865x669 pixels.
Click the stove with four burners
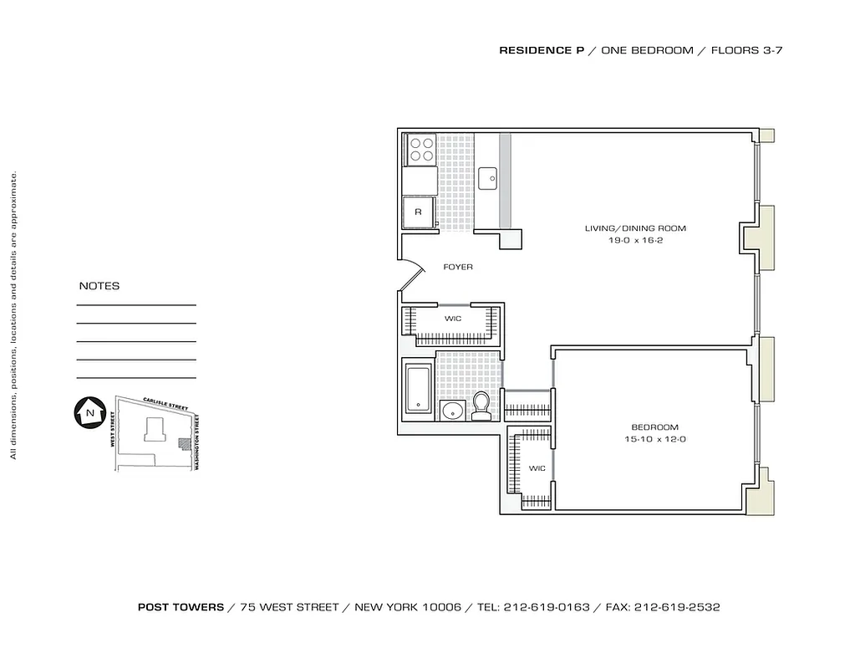420,149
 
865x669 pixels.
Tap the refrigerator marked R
418,212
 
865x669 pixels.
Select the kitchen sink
488,176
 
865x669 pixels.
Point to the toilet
481,406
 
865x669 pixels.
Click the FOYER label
458,267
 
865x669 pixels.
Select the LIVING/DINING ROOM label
635,228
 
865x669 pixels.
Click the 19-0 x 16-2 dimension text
635,240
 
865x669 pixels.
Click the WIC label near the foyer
453,319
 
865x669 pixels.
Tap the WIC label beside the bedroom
537,468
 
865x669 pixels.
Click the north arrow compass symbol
87,411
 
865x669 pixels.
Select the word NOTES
99,286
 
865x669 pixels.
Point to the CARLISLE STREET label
165,404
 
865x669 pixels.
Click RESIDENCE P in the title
542,50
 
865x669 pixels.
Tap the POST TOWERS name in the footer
181,607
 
